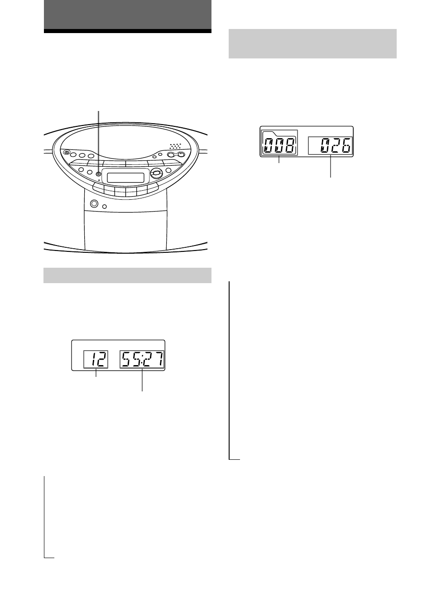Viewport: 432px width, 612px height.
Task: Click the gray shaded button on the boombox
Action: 99,174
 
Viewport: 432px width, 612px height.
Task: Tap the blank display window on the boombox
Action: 125,178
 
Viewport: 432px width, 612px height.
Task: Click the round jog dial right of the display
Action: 157,173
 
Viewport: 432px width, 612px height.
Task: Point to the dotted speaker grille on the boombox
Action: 175,146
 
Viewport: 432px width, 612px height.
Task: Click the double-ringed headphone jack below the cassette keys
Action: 94,203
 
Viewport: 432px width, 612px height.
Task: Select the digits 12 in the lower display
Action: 98,359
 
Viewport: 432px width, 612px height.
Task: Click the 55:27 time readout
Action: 142,359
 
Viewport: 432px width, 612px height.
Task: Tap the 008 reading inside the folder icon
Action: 279,146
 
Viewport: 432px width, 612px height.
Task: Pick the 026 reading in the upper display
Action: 336,145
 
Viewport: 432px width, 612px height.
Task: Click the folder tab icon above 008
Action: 279,134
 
